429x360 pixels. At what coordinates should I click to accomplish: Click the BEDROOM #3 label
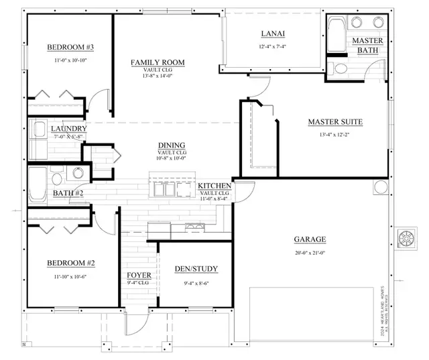[70, 47]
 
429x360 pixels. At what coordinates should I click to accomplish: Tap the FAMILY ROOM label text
[158, 62]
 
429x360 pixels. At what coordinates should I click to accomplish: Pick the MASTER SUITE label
[335, 122]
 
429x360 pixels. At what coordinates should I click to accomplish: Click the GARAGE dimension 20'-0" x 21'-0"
[309, 253]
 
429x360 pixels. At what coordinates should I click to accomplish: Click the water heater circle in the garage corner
[380, 186]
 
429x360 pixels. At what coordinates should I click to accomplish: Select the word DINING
[172, 145]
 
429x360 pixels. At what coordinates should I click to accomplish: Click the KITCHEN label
[215, 186]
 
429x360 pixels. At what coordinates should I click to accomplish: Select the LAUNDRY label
[68, 129]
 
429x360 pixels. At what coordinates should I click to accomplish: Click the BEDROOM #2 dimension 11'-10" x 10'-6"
[70, 276]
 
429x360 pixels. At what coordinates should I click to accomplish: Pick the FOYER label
[139, 276]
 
